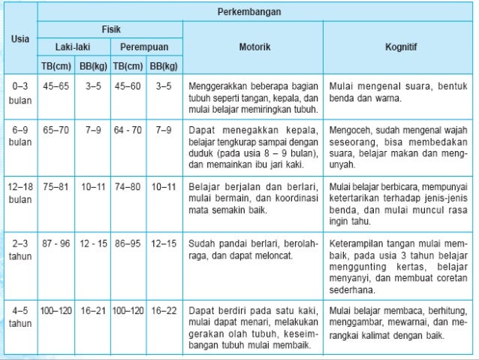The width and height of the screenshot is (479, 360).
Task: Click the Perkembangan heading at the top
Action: pos(255,13)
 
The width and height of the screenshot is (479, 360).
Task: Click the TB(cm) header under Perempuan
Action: pos(128,65)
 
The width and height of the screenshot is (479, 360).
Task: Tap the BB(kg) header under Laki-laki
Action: pos(93,65)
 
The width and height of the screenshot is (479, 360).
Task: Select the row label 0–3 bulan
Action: pos(20,92)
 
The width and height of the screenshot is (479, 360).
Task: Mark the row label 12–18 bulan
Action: pos(20,192)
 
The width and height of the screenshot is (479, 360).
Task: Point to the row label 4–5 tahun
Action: pos(20,316)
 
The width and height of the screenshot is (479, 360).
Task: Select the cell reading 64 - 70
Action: pos(128,130)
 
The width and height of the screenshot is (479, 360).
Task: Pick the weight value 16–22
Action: pos(164,310)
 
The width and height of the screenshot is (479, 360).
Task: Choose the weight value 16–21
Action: pos(93,310)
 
